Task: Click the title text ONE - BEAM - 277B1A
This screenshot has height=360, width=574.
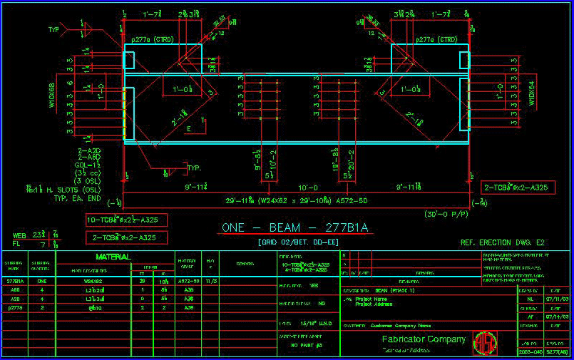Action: click(294, 228)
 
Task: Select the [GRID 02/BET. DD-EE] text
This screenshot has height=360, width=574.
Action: click(294, 242)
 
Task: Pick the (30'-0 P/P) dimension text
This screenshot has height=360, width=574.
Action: click(446, 213)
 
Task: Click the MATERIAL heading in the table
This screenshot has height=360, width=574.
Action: click(113, 257)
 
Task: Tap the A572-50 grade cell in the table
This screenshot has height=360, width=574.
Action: click(187, 281)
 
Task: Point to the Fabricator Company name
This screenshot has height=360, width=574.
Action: click(424, 339)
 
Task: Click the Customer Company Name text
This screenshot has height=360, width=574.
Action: click(401, 325)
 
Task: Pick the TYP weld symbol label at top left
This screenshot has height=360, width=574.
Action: click(53, 30)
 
